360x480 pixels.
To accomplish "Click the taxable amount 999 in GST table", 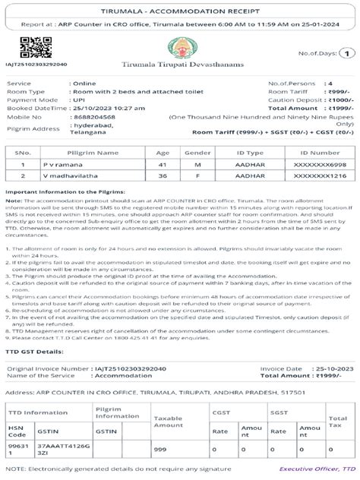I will click(160, 451).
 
